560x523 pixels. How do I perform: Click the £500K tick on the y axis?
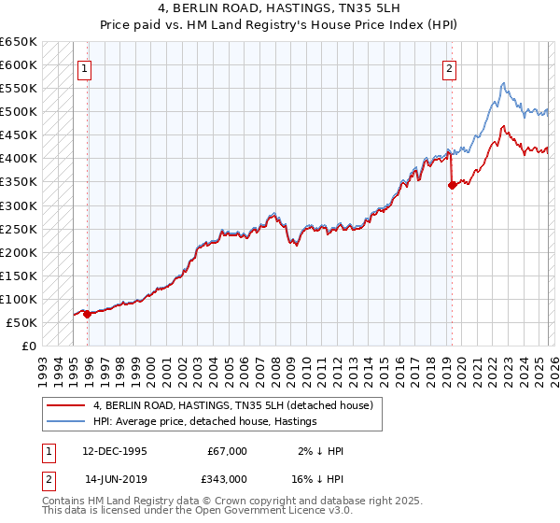[20, 112]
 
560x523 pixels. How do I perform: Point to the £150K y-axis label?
[20, 276]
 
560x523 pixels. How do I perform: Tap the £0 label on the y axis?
[28, 346]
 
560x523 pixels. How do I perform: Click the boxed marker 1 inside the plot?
[84, 67]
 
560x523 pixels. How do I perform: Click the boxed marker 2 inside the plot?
[450, 67]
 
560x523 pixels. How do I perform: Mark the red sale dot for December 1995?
[88, 315]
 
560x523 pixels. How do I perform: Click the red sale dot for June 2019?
[452, 185]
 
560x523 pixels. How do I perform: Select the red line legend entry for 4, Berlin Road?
[233, 405]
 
